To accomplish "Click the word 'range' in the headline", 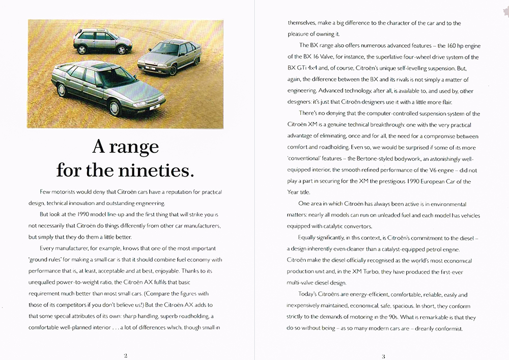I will pos(134,147).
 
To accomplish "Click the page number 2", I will pos(125,355).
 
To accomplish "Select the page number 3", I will pos(383,355).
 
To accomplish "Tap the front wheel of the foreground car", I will pos(116,107).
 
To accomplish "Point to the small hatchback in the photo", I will pos(101,41).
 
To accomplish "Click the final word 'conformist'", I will pos(444,328).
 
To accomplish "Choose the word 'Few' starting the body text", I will pos(46,192).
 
